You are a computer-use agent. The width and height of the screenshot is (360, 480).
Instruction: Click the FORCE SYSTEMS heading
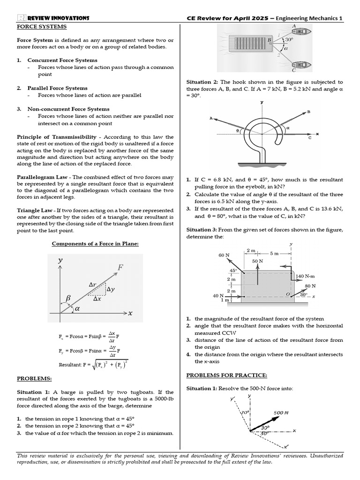41,27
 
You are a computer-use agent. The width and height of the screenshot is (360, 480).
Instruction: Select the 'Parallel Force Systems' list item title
57,88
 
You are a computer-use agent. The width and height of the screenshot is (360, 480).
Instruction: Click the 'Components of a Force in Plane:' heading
95,244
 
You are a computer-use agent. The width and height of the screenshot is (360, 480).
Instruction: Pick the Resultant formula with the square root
94,364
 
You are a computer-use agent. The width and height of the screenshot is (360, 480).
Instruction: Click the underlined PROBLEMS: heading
35,378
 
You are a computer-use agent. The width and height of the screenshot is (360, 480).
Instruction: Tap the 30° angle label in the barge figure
289,40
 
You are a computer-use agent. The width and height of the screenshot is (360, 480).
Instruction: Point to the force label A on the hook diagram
211,119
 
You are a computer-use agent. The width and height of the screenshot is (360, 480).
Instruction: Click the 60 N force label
224,255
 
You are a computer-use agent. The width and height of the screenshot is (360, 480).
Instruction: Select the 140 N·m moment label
306,277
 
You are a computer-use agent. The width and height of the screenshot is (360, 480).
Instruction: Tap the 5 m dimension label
274,253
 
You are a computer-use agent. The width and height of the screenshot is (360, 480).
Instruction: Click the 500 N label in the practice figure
281,412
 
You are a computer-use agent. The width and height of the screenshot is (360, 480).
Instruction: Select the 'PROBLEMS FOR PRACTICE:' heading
226,375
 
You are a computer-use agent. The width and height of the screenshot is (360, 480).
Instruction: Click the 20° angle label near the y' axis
244,412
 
